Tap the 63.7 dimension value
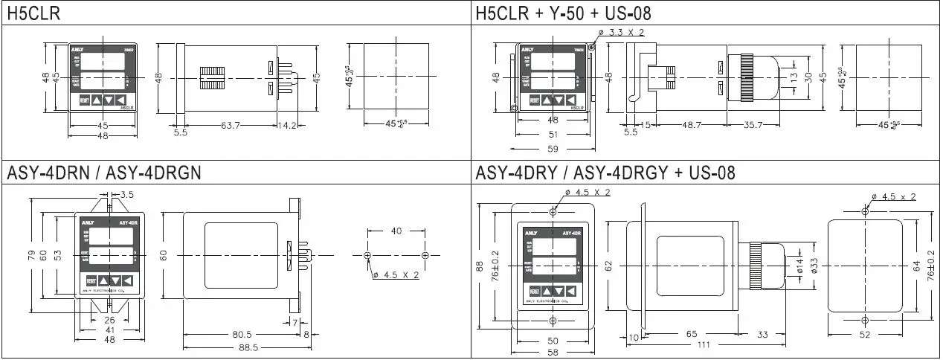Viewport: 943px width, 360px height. tap(231, 126)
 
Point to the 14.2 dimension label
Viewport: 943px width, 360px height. tap(287, 126)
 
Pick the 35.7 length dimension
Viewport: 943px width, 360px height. tap(753, 125)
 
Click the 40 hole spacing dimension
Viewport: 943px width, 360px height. tap(396, 231)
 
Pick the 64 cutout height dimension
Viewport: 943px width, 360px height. tap(915, 264)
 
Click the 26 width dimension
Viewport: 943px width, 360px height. tap(110, 320)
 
